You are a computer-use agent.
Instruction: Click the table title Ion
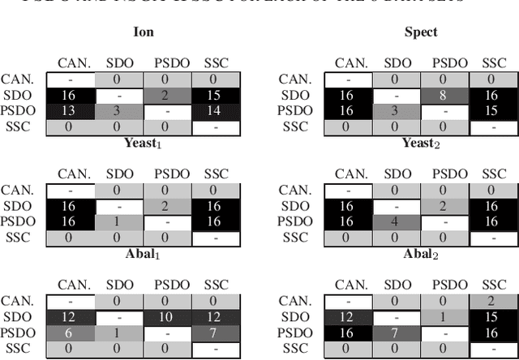tap(144, 33)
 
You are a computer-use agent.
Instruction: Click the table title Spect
tap(421, 33)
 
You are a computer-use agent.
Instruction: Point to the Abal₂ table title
tap(421, 253)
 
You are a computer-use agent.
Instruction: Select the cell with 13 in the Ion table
tap(69, 110)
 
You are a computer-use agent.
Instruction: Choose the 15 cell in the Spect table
tap(493, 110)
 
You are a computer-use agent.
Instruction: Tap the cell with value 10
tap(168, 315)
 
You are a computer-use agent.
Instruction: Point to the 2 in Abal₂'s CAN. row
tap(493, 300)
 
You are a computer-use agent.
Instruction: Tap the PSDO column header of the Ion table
tap(168, 63)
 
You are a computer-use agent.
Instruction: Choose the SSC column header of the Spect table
tap(493, 63)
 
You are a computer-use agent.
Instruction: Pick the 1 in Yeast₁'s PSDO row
tap(119, 222)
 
